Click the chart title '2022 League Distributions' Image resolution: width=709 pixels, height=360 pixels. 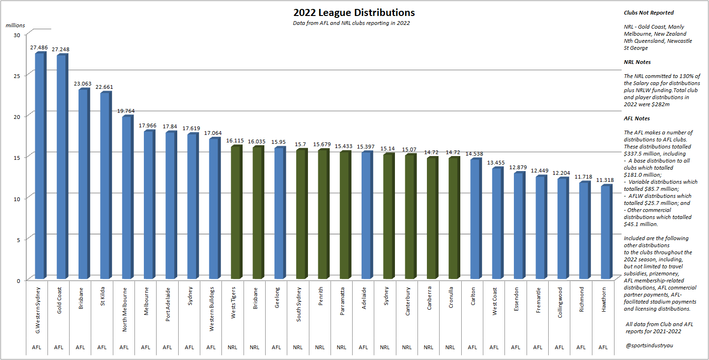click(x=354, y=13)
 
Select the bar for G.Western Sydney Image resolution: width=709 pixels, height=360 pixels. click(x=39, y=164)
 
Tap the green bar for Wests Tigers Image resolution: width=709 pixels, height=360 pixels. click(x=236, y=211)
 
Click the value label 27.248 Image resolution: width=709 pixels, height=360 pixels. click(x=61, y=49)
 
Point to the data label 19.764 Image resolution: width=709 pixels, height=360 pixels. click(x=126, y=111)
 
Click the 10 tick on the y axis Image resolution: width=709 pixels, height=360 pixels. click(x=17, y=199)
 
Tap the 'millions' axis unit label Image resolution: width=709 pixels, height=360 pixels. click(x=16, y=25)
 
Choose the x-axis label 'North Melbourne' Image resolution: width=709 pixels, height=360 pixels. click(x=124, y=309)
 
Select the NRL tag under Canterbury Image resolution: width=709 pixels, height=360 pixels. click(x=407, y=347)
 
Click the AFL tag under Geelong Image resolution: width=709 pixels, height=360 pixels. click(x=276, y=347)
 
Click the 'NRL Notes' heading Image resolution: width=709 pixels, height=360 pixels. click(x=637, y=62)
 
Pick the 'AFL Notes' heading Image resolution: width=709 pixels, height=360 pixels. click(x=637, y=118)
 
